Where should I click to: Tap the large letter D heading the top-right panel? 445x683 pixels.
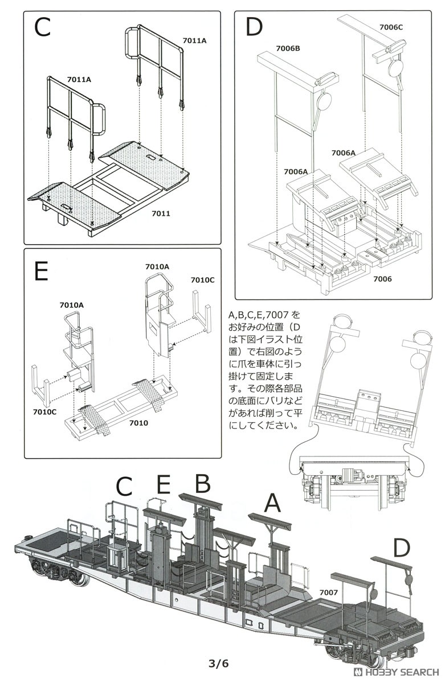point(254,27)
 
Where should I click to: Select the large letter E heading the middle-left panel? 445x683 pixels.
point(41,271)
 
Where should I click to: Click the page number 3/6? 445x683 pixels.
point(218,663)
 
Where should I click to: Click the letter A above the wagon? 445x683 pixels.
point(272,503)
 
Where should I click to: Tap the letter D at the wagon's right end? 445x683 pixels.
point(401,548)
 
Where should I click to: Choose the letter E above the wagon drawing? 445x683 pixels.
point(163,485)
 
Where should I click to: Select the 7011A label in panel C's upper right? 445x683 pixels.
point(194,40)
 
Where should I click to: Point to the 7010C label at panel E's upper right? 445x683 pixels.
point(202,280)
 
